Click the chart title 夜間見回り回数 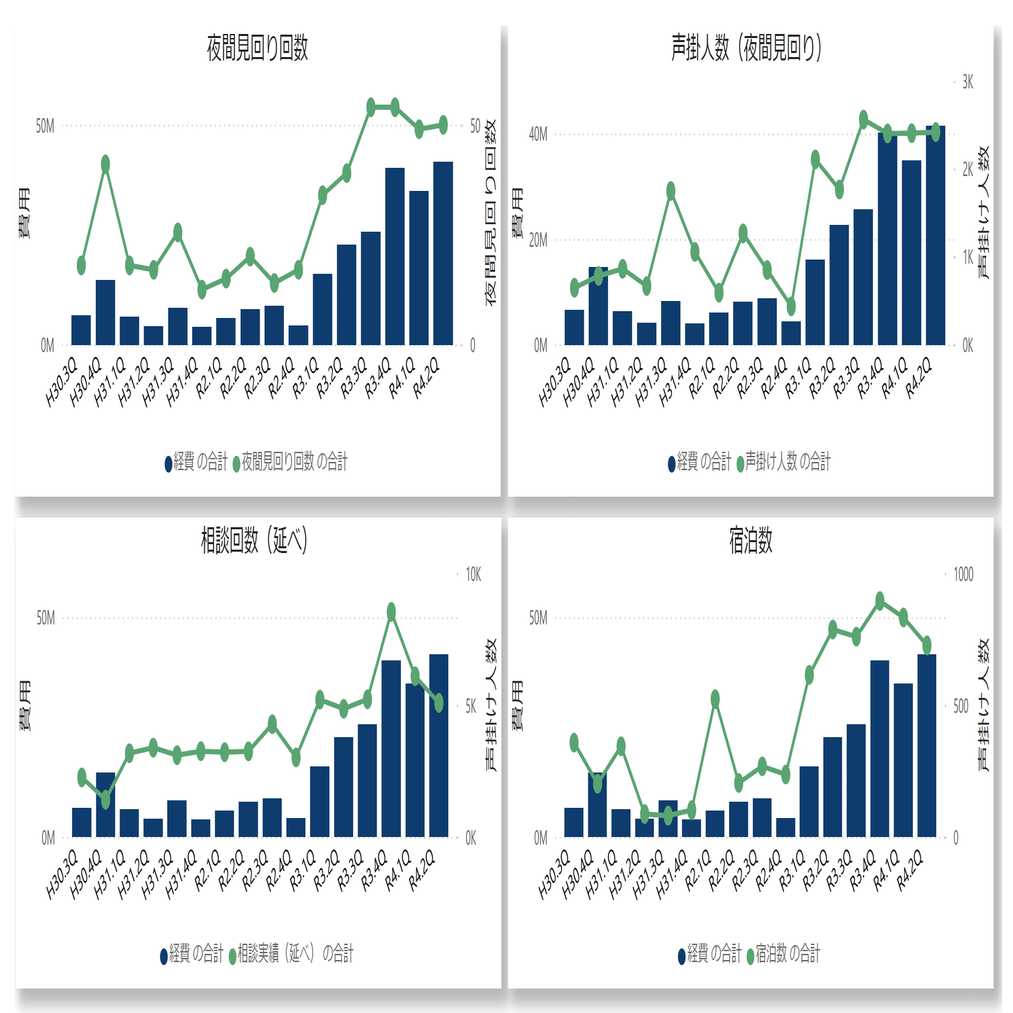pyautogui.click(x=257, y=48)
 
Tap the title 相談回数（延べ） pyautogui.click(x=254, y=541)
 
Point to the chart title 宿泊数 pyautogui.click(x=750, y=541)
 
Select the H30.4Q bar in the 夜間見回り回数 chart pyautogui.click(x=105, y=312)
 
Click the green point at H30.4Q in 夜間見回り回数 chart pyautogui.click(x=105, y=164)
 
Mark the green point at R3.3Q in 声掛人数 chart pyautogui.click(x=864, y=120)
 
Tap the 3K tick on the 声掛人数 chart pyautogui.click(x=967, y=82)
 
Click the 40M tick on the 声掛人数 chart pyautogui.click(x=538, y=135)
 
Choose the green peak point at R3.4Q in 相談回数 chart pyautogui.click(x=391, y=612)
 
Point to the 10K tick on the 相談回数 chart pyautogui.click(x=473, y=575)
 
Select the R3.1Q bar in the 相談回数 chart pyautogui.click(x=320, y=801)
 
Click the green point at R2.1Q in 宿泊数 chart pyautogui.click(x=715, y=699)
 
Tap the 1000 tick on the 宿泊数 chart pyautogui.click(x=963, y=575)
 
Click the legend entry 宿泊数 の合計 pyautogui.click(x=787, y=954)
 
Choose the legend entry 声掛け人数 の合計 pyautogui.click(x=787, y=462)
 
